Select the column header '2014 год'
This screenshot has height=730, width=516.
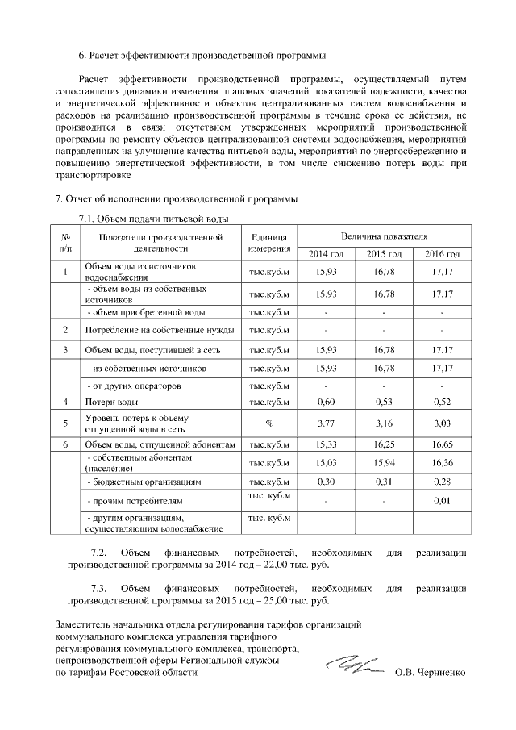[x=326, y=255]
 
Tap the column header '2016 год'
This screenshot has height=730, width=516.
[x=442, y=255]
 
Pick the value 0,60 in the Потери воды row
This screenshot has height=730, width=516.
[x=326, y=401]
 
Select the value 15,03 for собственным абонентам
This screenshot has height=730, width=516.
[x=326, y=462]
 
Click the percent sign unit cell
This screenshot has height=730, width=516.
[x=268, y=423]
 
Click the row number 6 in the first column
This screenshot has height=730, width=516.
[x=65, y=444]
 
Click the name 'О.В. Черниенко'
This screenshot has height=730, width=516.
[x=431, y=672]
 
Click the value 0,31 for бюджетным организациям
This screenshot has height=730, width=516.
[x=384, y=482]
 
